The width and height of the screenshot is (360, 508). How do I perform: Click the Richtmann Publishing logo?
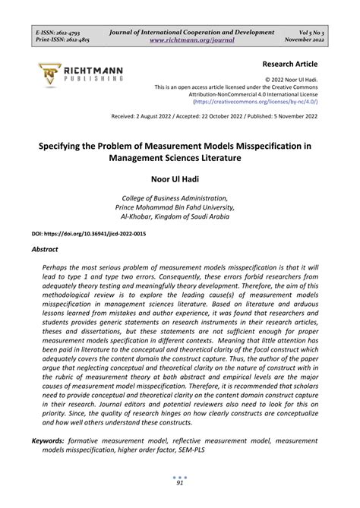pos(80,74)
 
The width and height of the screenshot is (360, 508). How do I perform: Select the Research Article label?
pos(289,65)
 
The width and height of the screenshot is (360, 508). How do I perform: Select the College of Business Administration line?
pos(180,197)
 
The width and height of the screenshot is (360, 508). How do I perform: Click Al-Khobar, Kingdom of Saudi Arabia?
pos(180,216)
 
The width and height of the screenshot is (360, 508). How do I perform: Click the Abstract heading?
pos(44,248)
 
